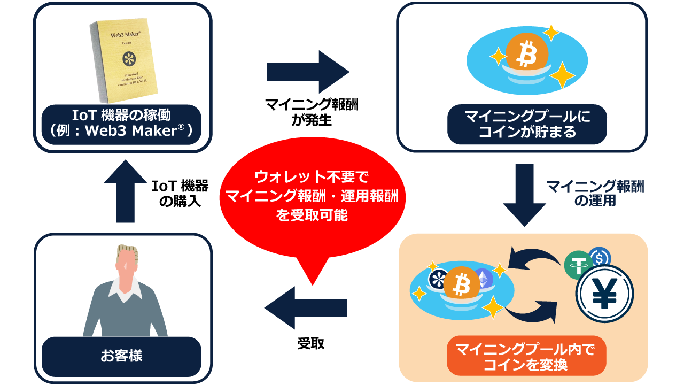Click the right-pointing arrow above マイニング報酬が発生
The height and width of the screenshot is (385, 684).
(307, 72)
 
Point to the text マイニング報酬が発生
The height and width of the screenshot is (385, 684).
(312, 113)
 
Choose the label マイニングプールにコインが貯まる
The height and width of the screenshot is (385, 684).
(527, 124)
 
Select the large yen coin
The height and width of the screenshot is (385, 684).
(604, 294)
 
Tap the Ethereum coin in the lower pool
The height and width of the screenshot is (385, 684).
(484, 279)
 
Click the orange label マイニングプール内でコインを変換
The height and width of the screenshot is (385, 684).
(526, 357)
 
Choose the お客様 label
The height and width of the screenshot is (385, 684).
(122, 356)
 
